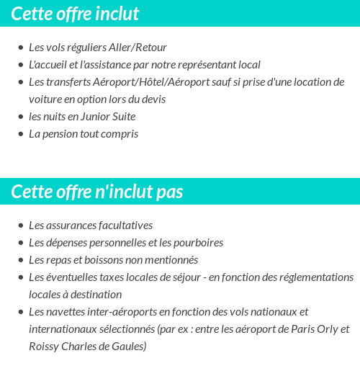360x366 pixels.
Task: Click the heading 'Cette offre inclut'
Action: tap(75, 14)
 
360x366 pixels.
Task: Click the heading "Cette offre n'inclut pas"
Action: tap(97, 192)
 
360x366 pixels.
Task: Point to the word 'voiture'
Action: tap(46, 99)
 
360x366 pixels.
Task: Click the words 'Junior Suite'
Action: tap(107, 117)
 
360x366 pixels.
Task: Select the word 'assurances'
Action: tap(71, 226)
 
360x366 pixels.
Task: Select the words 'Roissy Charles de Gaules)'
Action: tap(88, 347)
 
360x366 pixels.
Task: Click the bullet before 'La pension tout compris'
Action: tap(20, 135)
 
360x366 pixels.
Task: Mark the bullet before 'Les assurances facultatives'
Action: tap(20, 226)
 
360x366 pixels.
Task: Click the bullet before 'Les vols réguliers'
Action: tap(20, 48)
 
